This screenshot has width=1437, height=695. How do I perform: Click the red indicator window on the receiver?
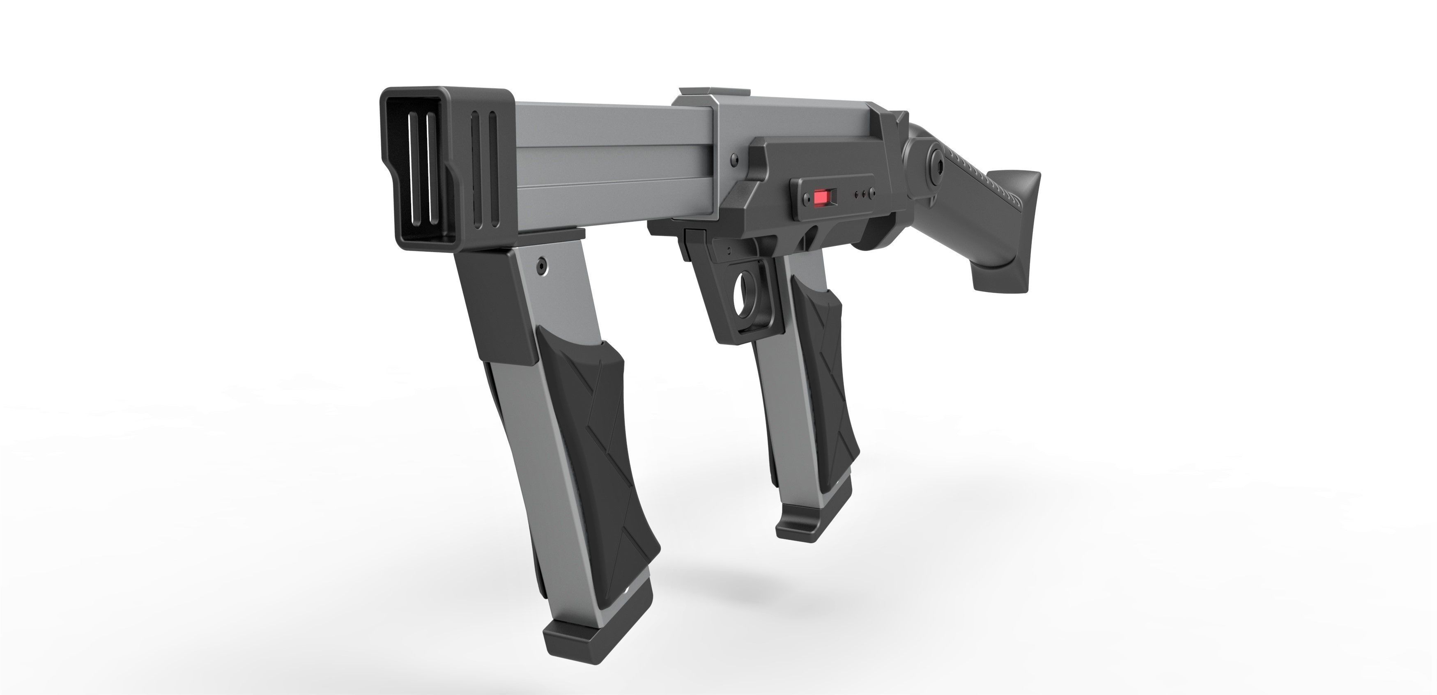821,198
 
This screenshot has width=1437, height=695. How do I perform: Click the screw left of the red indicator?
805,198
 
